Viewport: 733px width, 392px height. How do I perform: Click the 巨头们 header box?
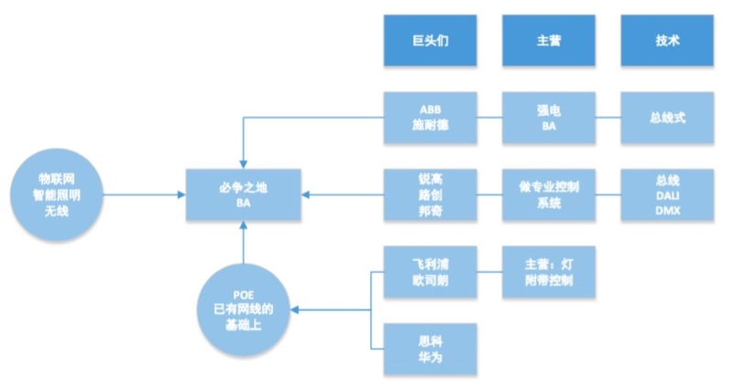tap(430, 41)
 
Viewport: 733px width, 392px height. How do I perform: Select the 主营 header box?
tap(549, 41)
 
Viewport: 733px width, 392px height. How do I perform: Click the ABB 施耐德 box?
tap(430, 118)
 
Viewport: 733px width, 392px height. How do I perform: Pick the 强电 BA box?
tap(549, 118)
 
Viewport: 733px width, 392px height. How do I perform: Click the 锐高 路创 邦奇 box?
tap(430, 194)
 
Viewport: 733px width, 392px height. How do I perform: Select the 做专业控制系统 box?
tap(549, 194)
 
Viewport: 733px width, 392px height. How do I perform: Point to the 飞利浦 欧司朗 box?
tap(430, 272)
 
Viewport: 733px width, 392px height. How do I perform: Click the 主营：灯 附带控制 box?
tap(549, 272)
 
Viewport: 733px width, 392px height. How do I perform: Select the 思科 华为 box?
tap(430, 347)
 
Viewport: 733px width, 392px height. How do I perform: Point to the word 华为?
tap(430, 356)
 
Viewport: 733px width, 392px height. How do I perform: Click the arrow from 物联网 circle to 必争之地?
tap(147, 194)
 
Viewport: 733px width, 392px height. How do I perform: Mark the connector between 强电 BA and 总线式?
tap(608, 118)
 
